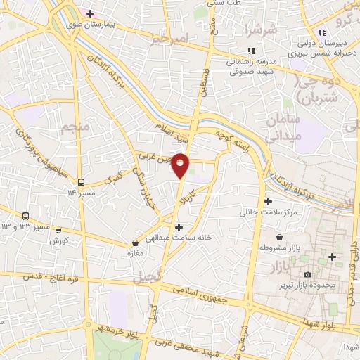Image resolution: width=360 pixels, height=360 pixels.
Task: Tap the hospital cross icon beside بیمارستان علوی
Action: [90, 13]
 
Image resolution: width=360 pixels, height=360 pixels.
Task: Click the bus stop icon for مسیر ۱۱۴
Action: [82, 181]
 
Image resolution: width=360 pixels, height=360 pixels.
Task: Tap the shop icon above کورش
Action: [58, 229]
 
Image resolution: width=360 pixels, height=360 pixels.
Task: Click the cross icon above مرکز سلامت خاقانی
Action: [268, 201]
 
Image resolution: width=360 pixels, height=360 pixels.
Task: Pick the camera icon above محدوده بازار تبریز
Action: [307, 274]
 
